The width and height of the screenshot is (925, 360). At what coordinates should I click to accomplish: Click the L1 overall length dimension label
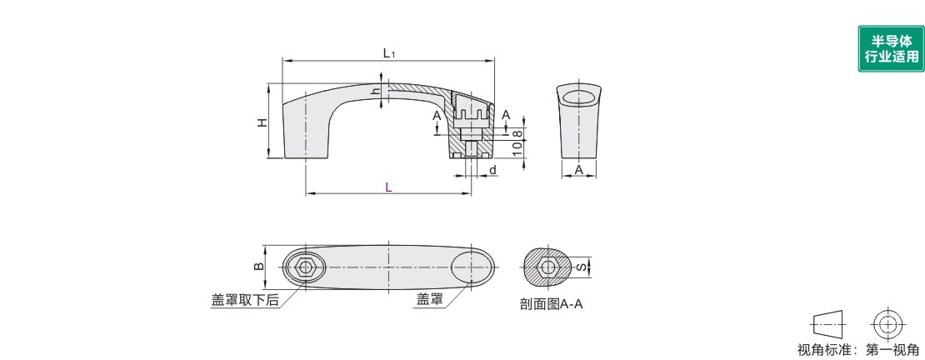[x=389, y=53]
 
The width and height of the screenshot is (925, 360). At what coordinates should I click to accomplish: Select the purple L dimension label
[x=388, y=187]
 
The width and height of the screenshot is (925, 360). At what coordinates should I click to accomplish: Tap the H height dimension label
[x=262, y=122]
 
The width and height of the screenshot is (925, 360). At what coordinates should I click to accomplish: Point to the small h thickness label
[x=374, y=91]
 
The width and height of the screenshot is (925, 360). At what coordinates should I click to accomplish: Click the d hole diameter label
[x=492, y=171]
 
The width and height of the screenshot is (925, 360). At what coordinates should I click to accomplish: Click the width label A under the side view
[x=578, y=170]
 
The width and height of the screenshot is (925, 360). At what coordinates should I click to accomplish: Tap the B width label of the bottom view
[x=258, y=267]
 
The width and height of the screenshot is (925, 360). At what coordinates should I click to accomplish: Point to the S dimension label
[x=580, y=267]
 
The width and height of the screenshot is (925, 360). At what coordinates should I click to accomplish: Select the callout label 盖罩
[x=429, y=299]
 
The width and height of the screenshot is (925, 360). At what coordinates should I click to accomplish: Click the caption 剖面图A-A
[x=551, y=304]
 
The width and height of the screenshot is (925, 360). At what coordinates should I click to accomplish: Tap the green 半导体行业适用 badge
[x=892, y=49]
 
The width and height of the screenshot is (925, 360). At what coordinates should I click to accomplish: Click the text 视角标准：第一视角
[x=858, y=350]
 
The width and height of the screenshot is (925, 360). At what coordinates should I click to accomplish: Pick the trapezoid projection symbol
[x=829, y=324]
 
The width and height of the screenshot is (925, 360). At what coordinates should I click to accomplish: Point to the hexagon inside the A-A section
[x=548, y=267]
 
